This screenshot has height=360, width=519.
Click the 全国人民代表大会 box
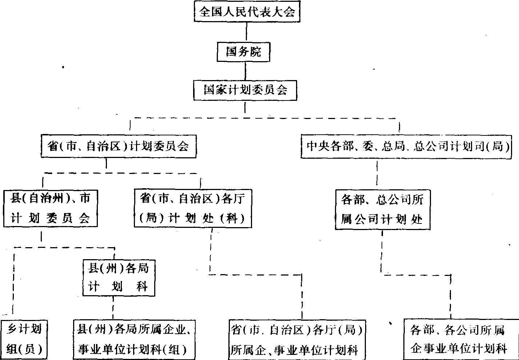tap(247, 12)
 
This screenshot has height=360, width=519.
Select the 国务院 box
tap(244, 52)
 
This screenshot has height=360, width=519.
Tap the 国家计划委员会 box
tap(245, 90)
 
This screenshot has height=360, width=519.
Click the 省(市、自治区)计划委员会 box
tap(118, 147)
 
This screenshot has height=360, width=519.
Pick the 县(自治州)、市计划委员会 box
tap(50, 208)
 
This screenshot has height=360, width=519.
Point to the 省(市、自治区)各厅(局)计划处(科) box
tap(193, 208)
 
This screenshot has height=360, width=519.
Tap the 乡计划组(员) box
tap(24, 339)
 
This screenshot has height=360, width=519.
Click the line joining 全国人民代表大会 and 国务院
tap(247, 32)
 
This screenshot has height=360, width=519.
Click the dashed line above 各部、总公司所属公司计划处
tap(377, 174)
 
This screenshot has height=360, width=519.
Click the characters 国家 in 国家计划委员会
tap(216, 90)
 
